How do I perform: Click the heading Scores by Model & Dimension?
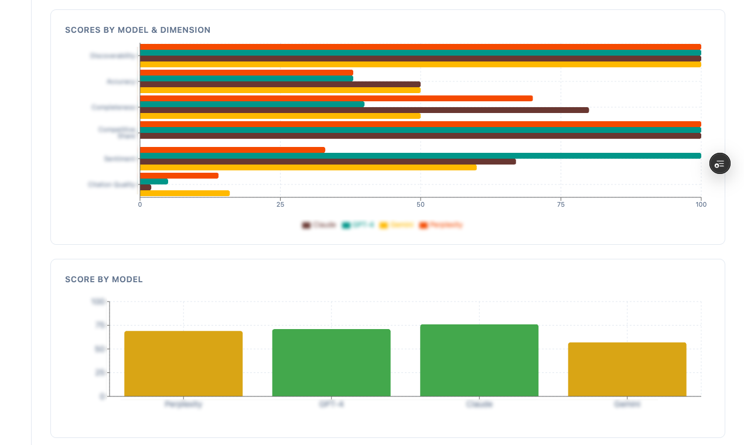138,30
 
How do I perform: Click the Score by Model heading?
104,279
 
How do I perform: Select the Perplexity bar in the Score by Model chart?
183,364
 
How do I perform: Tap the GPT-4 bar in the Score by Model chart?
331,362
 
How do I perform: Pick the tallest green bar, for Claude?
479,360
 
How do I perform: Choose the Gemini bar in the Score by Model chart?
627,369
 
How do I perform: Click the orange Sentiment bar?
232,150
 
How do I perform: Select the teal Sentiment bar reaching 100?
420,156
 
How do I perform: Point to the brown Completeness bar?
364,110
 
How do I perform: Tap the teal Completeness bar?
252,104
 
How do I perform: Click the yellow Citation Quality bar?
185,193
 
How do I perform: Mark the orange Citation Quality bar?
179,176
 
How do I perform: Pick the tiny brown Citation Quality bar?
146,187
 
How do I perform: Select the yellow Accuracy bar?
280,90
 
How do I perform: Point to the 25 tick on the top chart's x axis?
280,204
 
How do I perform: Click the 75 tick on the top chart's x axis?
561,204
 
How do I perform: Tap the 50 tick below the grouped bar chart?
420,204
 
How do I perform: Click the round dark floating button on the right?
720,164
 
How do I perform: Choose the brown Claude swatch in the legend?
306,225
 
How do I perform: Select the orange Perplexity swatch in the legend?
423,225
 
